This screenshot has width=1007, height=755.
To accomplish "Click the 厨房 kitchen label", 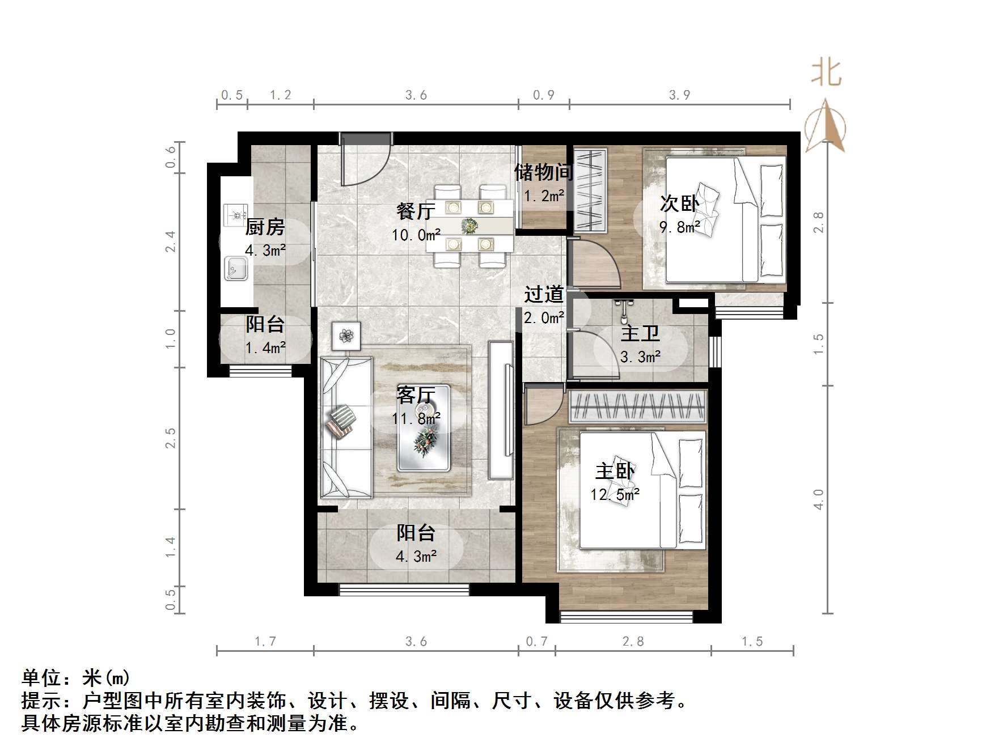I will click(265, 227).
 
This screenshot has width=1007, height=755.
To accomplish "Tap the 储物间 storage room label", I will click(543, 172).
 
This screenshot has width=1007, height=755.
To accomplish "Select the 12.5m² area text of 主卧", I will click(615, 495).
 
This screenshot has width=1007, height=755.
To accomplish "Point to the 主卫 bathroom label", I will click(640, 333).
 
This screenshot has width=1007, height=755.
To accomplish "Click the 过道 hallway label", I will click(544, 294).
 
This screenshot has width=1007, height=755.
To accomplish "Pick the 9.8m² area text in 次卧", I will click(679, 227).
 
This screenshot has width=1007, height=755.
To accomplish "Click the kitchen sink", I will click(236, 268).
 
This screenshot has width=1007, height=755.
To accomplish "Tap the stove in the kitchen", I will click(235, 215).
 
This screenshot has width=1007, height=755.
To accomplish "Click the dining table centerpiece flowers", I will click(469, 226).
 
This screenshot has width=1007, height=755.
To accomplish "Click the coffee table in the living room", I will click(424, 429).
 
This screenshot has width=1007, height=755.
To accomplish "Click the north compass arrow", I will click(826, 126).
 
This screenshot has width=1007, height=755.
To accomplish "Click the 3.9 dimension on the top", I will click(679, 95).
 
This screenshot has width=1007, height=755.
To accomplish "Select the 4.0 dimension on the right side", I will click(818, 499).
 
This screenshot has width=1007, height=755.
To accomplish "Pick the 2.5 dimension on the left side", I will click(170, 438).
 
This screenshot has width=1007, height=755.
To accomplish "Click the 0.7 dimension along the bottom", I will click(536, 642).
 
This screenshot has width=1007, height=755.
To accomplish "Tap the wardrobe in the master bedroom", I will click(638, 406).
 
